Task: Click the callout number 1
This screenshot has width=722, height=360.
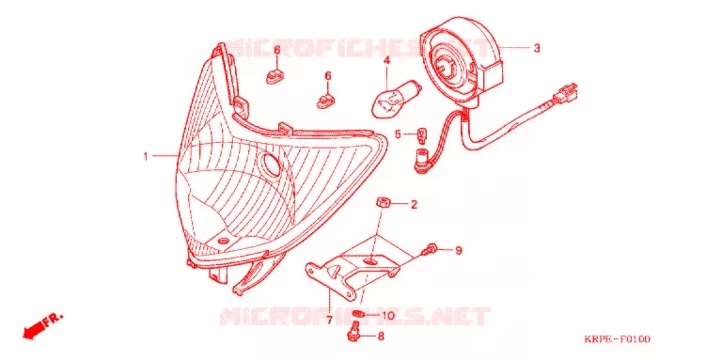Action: coord(146,157)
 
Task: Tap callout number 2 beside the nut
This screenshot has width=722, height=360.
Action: coord(414,204)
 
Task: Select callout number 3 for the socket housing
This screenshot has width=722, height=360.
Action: coord(537,48)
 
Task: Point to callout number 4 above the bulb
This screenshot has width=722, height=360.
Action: coord(386,60)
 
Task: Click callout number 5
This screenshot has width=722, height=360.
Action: coord(398,135)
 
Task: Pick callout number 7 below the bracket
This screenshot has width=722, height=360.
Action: coord(329,321)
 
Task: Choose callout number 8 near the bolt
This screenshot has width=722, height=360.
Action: coord(381,337)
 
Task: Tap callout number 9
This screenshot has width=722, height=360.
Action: coord(458,250)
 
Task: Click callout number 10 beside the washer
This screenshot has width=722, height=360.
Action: coord(388,316)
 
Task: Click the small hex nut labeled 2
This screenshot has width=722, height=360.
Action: coord(383,202)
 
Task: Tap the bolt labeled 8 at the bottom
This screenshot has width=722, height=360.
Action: coord(353,333)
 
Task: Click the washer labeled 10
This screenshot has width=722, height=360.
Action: coord(359,315)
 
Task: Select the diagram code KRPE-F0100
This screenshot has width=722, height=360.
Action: coord(617,339)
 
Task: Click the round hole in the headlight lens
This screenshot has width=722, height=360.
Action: coord(270,164)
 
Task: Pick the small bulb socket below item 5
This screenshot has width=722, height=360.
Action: coord(421,161)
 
